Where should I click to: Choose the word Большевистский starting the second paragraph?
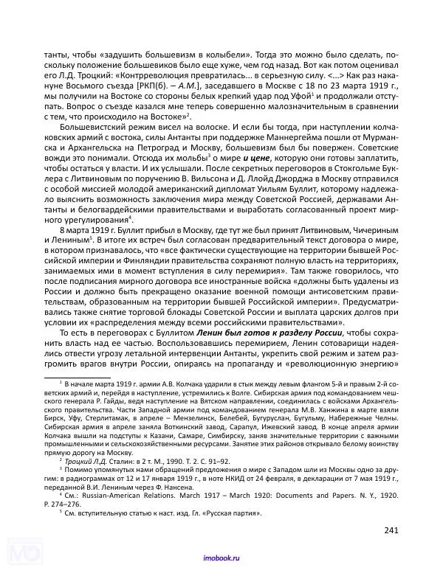[93, 127]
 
